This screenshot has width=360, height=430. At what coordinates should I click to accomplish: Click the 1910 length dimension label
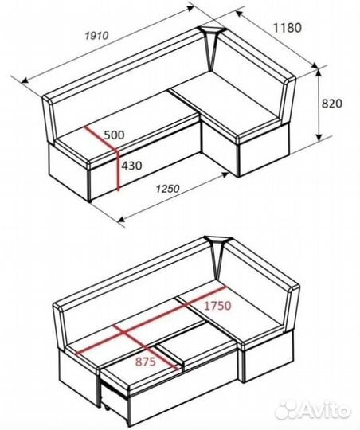[x=97, y=36]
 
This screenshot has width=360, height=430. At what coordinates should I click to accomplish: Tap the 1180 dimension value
[x=288, y=28]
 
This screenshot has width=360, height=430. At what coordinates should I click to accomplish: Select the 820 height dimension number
[x=332, y=104]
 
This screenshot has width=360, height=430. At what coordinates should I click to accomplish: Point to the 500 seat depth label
[x=114, y=135]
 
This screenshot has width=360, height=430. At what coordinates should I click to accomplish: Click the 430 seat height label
[x=131, y=166]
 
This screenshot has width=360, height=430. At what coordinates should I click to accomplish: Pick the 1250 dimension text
[x=167, y=189]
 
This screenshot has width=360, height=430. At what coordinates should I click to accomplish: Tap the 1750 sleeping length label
[x=217, y=306]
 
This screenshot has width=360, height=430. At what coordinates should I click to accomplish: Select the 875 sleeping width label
[x=146, y=362]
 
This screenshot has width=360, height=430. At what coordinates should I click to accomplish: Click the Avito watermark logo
[x=313, y=410]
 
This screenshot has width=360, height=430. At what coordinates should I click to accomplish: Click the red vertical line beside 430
[x=118, y=170]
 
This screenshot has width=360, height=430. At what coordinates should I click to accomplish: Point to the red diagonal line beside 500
[x=101, y=139]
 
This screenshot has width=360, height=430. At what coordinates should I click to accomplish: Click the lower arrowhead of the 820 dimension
[x=319, y=137]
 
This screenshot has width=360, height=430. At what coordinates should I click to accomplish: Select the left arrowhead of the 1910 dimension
[x=25, y=80]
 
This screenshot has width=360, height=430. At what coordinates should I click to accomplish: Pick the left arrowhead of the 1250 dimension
[x=121, y=219]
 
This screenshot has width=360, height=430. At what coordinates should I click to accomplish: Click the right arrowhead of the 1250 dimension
[x=225, y=174]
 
